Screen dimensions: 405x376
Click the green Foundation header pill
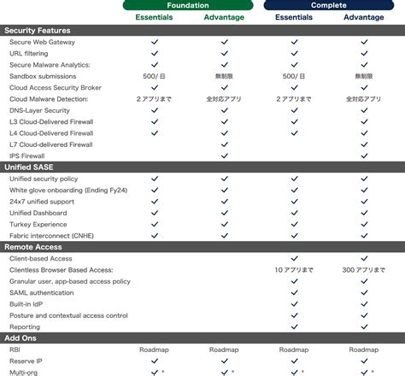(190, 5)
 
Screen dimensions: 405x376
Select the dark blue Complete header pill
(329, 5)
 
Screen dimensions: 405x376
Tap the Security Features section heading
(38, 30)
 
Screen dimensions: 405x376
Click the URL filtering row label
(28, 53)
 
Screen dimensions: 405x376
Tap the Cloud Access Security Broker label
(56, 87)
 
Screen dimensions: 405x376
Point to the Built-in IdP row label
(28, 303)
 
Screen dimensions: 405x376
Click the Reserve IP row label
(26, 361)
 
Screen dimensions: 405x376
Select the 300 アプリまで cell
(364, 270)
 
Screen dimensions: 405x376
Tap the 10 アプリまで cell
(294, 270)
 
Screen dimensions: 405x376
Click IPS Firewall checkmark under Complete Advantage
(364, 156)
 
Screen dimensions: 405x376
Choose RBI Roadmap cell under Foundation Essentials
(155, 350)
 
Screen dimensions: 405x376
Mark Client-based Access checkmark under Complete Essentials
(294, 258)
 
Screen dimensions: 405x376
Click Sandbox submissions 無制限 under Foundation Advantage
(225, 76)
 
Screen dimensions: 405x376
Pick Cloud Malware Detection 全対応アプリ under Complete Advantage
(364, 99)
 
